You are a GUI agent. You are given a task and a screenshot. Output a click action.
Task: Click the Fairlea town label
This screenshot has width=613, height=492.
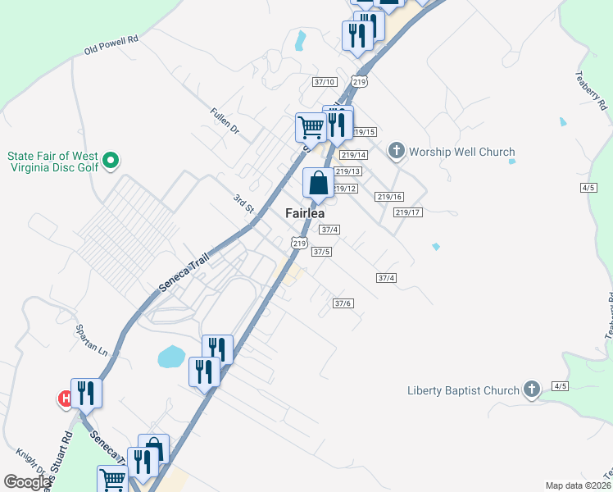[305, 213]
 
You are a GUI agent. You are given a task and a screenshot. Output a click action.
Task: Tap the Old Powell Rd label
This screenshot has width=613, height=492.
[111, 44]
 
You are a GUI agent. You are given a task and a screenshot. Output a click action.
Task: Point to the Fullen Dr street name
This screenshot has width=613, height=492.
[223, 121]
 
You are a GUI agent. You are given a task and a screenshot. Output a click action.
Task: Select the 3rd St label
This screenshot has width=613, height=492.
[243, 203]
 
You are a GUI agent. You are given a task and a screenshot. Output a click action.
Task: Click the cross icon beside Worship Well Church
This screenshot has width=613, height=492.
[397, 151]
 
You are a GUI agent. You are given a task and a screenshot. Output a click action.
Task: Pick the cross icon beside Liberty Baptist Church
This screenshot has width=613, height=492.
[532, 389]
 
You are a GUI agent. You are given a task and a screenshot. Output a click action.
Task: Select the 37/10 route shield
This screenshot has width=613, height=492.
[325, 82]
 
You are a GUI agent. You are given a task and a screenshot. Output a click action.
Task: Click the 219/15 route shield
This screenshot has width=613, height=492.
[364, 132]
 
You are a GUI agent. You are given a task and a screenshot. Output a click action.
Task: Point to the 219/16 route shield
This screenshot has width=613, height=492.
[390, 197]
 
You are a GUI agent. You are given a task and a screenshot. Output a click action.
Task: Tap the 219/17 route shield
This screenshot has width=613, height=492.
[407, 212]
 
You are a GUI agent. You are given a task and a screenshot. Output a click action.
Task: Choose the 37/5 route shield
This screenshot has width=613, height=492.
[322, 252]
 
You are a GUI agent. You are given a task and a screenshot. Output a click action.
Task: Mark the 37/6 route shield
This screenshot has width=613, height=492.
[343, 303]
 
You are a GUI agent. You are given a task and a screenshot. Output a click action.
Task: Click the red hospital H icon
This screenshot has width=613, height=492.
[64, 399]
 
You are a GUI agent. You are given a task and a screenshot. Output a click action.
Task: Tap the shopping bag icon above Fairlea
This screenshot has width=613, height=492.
[318, 184]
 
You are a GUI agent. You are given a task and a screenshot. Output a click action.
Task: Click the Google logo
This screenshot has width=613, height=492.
[27, 482]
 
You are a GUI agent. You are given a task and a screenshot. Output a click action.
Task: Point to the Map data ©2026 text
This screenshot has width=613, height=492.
[577, 485]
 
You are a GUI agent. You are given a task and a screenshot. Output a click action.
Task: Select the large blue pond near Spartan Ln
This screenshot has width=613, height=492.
[171, 356]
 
